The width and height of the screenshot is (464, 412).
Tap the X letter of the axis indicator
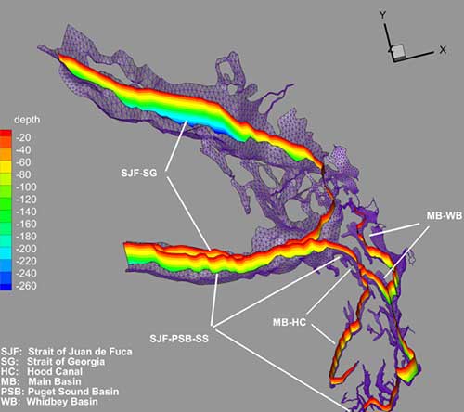[x=444, y=47]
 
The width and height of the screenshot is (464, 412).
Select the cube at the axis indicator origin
[x=397, y=50]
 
